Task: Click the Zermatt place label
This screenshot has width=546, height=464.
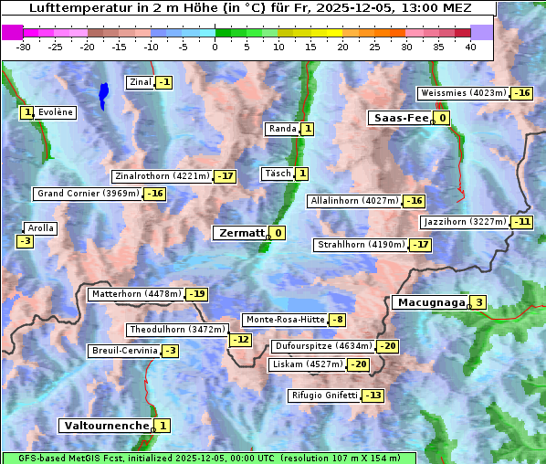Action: [x=240, y=233]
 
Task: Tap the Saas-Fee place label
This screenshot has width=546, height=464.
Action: [x=399, y=118]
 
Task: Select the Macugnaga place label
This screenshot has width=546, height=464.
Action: [x=429, y=302]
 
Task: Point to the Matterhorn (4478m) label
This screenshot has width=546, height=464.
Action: [x=135, y=294]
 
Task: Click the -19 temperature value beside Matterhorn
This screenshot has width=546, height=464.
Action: [x=196, y=294]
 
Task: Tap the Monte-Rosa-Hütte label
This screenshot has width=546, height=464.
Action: [x=284, y=320]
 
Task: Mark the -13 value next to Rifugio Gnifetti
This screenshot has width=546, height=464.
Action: [x=373, y=395]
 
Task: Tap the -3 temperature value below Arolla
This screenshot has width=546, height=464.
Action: [x=25, y=241]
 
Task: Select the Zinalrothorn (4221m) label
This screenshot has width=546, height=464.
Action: [x=162, y=175]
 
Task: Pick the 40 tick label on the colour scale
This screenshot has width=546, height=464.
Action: [x=470, y=47]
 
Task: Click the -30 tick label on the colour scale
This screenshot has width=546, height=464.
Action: [x=23, y=47]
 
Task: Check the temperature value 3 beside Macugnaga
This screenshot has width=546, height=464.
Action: [x=479, y=302]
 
